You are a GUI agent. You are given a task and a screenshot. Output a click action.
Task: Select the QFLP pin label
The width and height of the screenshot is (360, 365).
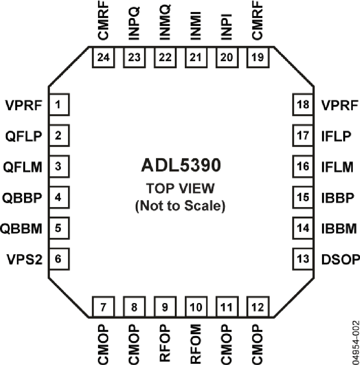[24, 136]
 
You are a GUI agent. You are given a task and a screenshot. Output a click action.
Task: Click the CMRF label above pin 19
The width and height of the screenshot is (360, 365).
[257, 22]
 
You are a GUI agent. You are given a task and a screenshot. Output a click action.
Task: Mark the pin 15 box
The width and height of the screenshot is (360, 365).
[303, 197]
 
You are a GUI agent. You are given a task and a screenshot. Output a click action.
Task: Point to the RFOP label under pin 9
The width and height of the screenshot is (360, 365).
[165, 343]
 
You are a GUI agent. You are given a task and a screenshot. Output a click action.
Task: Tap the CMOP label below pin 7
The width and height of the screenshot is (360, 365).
[103, 343]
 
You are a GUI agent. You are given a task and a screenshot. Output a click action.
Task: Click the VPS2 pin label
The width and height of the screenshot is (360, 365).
[24, 259]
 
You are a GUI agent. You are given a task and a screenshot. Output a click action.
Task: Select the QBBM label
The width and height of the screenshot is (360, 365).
[21, 228]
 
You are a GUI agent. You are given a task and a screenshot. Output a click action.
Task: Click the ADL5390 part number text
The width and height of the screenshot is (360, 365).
[180, 166]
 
